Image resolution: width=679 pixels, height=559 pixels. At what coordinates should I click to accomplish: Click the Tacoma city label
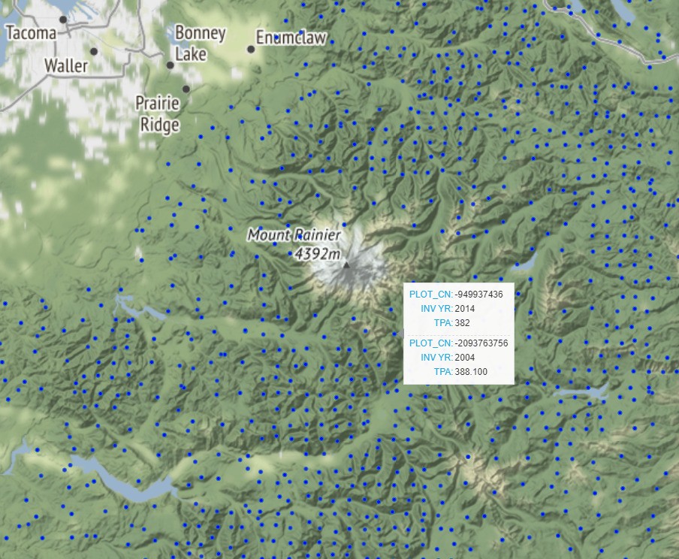[31, 33]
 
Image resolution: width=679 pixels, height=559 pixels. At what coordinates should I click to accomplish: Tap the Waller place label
[66, 66]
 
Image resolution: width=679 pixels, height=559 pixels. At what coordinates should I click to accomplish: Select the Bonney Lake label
[200, 43]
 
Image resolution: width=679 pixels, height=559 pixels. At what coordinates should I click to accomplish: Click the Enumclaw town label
[291, 38]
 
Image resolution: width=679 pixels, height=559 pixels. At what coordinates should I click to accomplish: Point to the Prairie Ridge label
[159, 113]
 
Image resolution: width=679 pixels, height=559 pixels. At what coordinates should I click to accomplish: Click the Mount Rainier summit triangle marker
[346, 264]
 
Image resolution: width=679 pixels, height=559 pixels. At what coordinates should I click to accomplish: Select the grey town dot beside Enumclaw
[251, 50]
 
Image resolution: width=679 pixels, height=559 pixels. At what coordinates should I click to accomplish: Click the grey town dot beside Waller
[94, 51]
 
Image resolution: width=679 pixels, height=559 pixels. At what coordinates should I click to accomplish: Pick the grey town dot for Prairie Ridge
[186, 89]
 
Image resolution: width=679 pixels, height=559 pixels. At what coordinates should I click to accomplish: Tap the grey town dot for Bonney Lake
[171, 65]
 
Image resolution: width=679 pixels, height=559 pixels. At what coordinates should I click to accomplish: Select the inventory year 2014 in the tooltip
[465, 309]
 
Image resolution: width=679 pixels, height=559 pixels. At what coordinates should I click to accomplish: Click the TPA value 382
[462, 323]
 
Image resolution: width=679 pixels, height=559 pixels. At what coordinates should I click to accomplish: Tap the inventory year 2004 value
[465, 358]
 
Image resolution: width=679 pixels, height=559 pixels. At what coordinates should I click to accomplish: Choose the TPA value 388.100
[471, 372]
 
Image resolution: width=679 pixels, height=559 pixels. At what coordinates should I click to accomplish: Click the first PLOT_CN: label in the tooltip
[430, 295]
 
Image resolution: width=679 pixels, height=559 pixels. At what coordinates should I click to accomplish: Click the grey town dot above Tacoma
[63, 20]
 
